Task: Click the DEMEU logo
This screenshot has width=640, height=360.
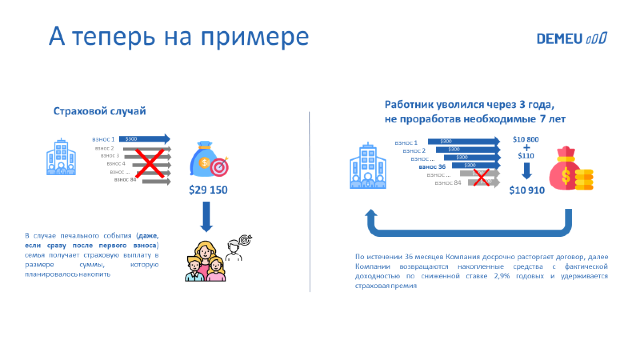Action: [x=572, y=38]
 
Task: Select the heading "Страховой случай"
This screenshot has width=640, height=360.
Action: [x=100, y=111]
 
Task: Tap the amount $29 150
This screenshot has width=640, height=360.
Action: [x=208, y=190]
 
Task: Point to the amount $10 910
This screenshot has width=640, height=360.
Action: [x=527, y=190]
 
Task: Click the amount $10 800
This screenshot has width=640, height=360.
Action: [x=526, y=139]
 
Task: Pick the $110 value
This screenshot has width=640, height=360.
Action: [x=526, y=156]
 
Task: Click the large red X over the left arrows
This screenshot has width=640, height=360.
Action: [x=150, y=163]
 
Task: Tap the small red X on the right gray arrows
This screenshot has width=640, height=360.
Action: [x=482, y=177]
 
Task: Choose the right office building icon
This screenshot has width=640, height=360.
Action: [x=368, y=166]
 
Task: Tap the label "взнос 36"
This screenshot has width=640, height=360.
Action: [x=432, y=167]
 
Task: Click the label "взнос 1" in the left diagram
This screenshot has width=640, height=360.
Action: [x=103, y=139]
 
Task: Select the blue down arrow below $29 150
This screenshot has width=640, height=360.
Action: [x=206, y=216]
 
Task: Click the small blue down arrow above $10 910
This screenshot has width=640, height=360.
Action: [x=526, y=171]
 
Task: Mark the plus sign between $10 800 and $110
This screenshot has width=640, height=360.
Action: [x=526, y=148]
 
